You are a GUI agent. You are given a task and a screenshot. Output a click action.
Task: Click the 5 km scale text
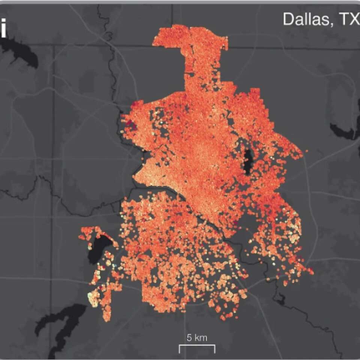(197, 337)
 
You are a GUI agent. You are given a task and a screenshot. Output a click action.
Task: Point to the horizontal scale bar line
(197, 345)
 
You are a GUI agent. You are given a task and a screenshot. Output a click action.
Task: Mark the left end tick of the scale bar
(179, 349)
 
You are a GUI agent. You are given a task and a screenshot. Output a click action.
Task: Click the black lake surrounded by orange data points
(248, 161)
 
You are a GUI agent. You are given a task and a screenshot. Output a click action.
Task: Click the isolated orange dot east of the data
(306, 151)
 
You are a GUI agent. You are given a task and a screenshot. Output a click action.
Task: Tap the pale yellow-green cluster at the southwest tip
(92, 298)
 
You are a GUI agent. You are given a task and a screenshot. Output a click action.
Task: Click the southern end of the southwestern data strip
(107, 317)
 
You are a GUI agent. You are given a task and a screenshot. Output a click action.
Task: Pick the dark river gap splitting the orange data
(195, 204)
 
